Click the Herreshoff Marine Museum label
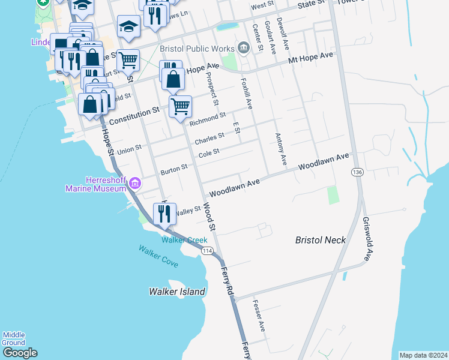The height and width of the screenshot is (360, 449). pos(98,184)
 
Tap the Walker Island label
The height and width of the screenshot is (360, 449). pos(177,292)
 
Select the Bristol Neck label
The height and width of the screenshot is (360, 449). pos(321,240)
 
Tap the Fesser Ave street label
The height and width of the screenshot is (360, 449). pos(259,316)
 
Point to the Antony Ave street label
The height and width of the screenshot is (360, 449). pos(280,149)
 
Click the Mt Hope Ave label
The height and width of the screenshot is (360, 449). pos(310,58)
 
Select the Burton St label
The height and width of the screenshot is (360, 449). pos(174,170)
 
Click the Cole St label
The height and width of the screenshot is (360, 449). pos(209,154)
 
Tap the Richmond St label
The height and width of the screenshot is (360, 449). pos(208,119)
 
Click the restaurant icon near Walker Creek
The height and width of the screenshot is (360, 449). pos(164,214)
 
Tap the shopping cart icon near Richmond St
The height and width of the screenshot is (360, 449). pos(180,107)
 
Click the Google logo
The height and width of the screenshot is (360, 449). pos(20,353)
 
